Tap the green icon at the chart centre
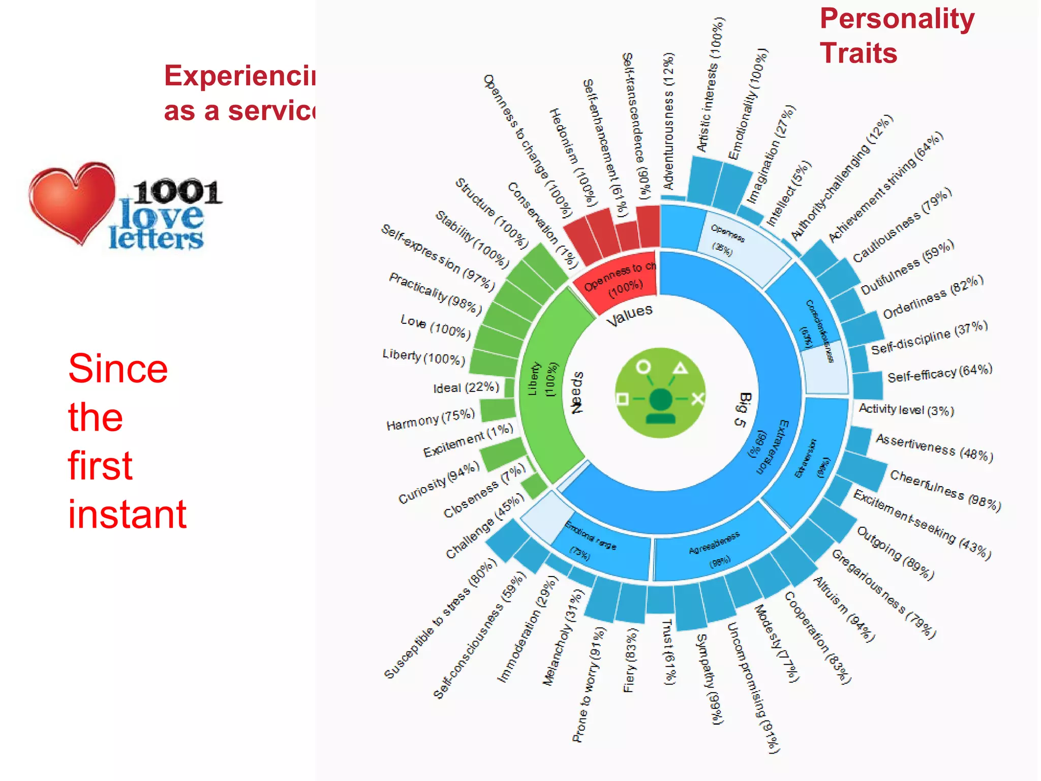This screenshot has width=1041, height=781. [660, 393]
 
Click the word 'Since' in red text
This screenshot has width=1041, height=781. [118, 369]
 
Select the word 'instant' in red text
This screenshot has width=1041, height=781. [127, 514]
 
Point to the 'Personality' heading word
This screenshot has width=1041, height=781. [897, 19]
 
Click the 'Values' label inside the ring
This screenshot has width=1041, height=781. [629, 315]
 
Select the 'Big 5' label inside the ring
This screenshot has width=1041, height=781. [743, 409]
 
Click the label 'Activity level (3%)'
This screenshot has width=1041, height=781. [906, 409]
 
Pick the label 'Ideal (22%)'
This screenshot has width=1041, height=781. [466, 387]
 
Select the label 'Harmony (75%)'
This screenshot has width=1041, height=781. [431, 419]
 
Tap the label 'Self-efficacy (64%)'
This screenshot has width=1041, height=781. [940, 374]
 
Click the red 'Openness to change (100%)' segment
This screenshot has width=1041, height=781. [617, 279]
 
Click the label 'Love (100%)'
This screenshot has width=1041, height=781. [436, 327]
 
